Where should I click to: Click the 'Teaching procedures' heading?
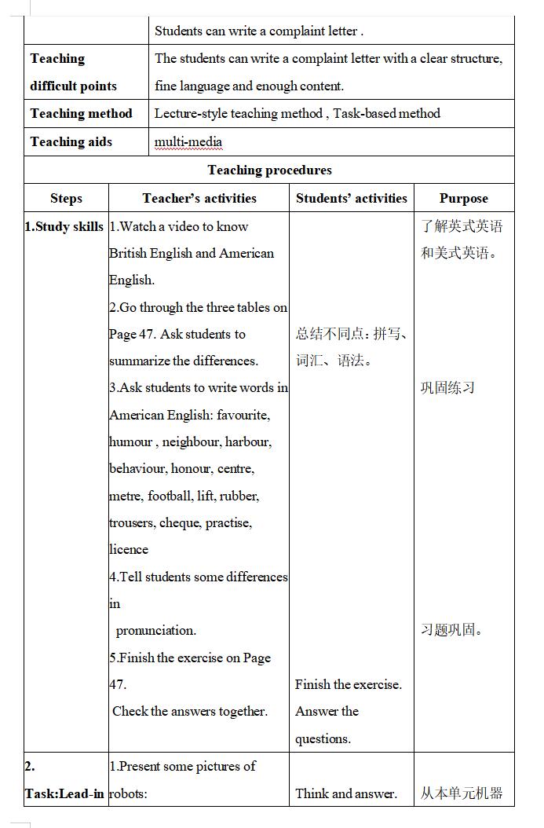point(269,170)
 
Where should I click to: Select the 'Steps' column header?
point(66,199)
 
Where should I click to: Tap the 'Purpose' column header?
point(463,199)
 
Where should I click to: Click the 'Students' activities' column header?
point(351,199)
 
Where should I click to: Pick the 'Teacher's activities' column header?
point(199,199)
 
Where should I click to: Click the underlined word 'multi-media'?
point(188,142)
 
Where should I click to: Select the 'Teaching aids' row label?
point(71,142)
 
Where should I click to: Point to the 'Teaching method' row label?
point(82,114)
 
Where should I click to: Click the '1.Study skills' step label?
point(64,227)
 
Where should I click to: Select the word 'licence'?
point(129,550)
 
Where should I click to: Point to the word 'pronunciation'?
point(155,631)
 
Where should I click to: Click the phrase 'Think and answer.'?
point(346,793)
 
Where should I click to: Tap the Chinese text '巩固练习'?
point(447,388)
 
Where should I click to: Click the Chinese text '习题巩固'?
point(451,631)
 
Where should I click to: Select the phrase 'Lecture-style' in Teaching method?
point(193,114)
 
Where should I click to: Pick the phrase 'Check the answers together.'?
point(190,712)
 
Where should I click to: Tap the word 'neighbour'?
point(191,442)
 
